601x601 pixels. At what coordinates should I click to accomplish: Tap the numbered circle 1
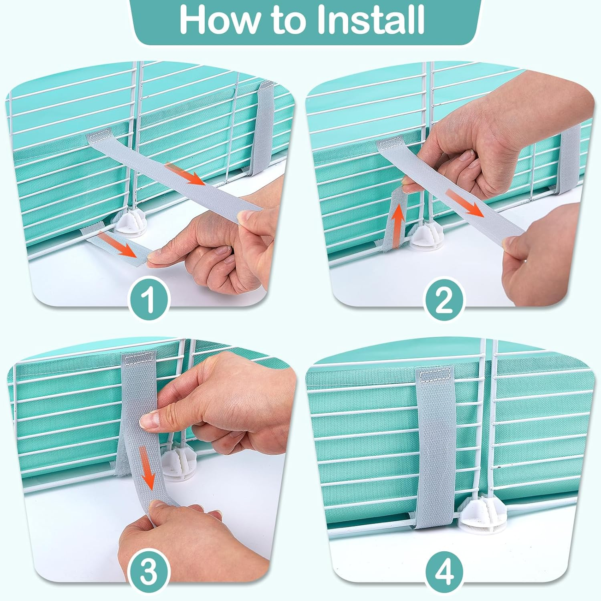pos(149,298)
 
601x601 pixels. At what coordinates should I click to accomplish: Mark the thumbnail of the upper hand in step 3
pos(147,421)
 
